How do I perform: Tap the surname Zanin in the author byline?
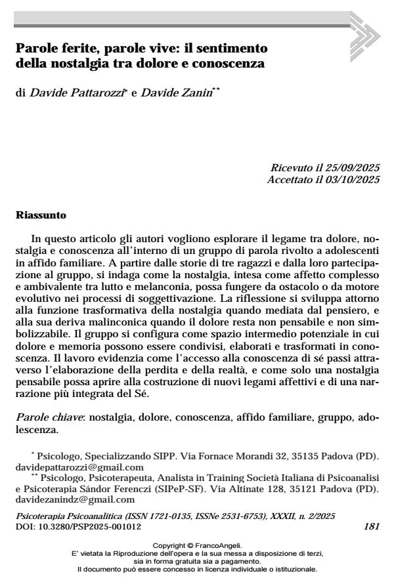tap(201, 96)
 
